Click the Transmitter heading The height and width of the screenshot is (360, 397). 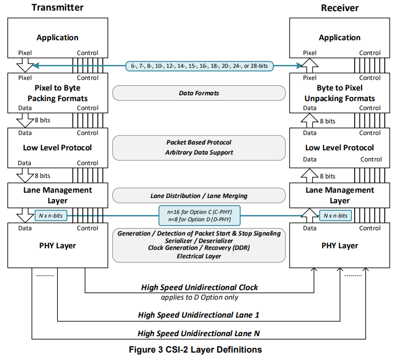[x=58, y=7]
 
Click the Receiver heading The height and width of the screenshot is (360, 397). [x=339, y=7]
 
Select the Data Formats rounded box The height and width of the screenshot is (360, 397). [x=198, y=93]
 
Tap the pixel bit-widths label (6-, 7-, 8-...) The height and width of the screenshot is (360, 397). [x=198, y=66]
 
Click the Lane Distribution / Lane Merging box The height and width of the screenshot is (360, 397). [x=198, y=196]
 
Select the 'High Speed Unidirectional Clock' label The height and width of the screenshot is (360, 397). [x=199, y=287]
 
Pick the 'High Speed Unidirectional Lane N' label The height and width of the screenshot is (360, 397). [x=198, y=334]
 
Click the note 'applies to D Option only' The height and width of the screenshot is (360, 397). [x=199, y=297]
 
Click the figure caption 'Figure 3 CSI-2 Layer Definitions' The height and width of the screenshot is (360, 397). [x=198, y=349]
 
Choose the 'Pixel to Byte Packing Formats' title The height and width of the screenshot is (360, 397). [x=58, y=93]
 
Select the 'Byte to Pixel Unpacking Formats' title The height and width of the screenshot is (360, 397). [x=339, y=93]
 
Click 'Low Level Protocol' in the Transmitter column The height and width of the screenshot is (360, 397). [x=58, y=148]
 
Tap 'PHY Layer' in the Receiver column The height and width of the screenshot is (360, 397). [x=339, y=246]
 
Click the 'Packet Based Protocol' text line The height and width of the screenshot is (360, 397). [x=198, y=142]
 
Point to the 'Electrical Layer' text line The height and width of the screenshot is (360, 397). [x=198, y=256]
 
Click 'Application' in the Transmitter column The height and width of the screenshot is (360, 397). [x=58, y=38]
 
